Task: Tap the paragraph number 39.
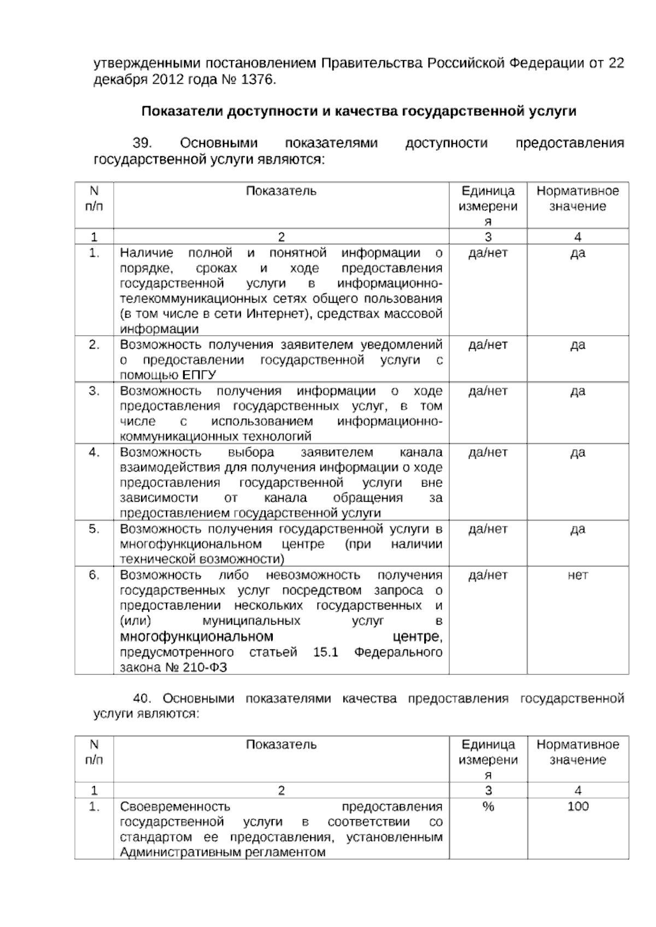pyautogui.click(x=142, y=143)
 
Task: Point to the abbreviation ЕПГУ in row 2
pyautogui.click(x=199, y=375)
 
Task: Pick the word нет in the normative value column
pyautogui.click(x=578, y=575)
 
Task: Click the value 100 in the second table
pyautogui.click(x=578, y=806)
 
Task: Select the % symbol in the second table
pyautogui.click(x=488, y=806)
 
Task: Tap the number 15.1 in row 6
pyautogui.click(x=326, y=652)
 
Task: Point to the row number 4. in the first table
pyautogui.click(x=94, y=452)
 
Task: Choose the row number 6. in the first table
pyautogui.click(x=94, y=575)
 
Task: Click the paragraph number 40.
pyautogui.click(x=142, y=699)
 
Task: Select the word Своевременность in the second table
pyautogui.click(x=175, y=807)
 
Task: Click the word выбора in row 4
pyautogui.click(x=251, y=453)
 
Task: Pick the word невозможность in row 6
pyautogui.click(x=313, y=575)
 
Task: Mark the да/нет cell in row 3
pyautogui.click(x=488, y=391)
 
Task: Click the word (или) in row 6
pyautogui.click(x=135, y=621)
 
